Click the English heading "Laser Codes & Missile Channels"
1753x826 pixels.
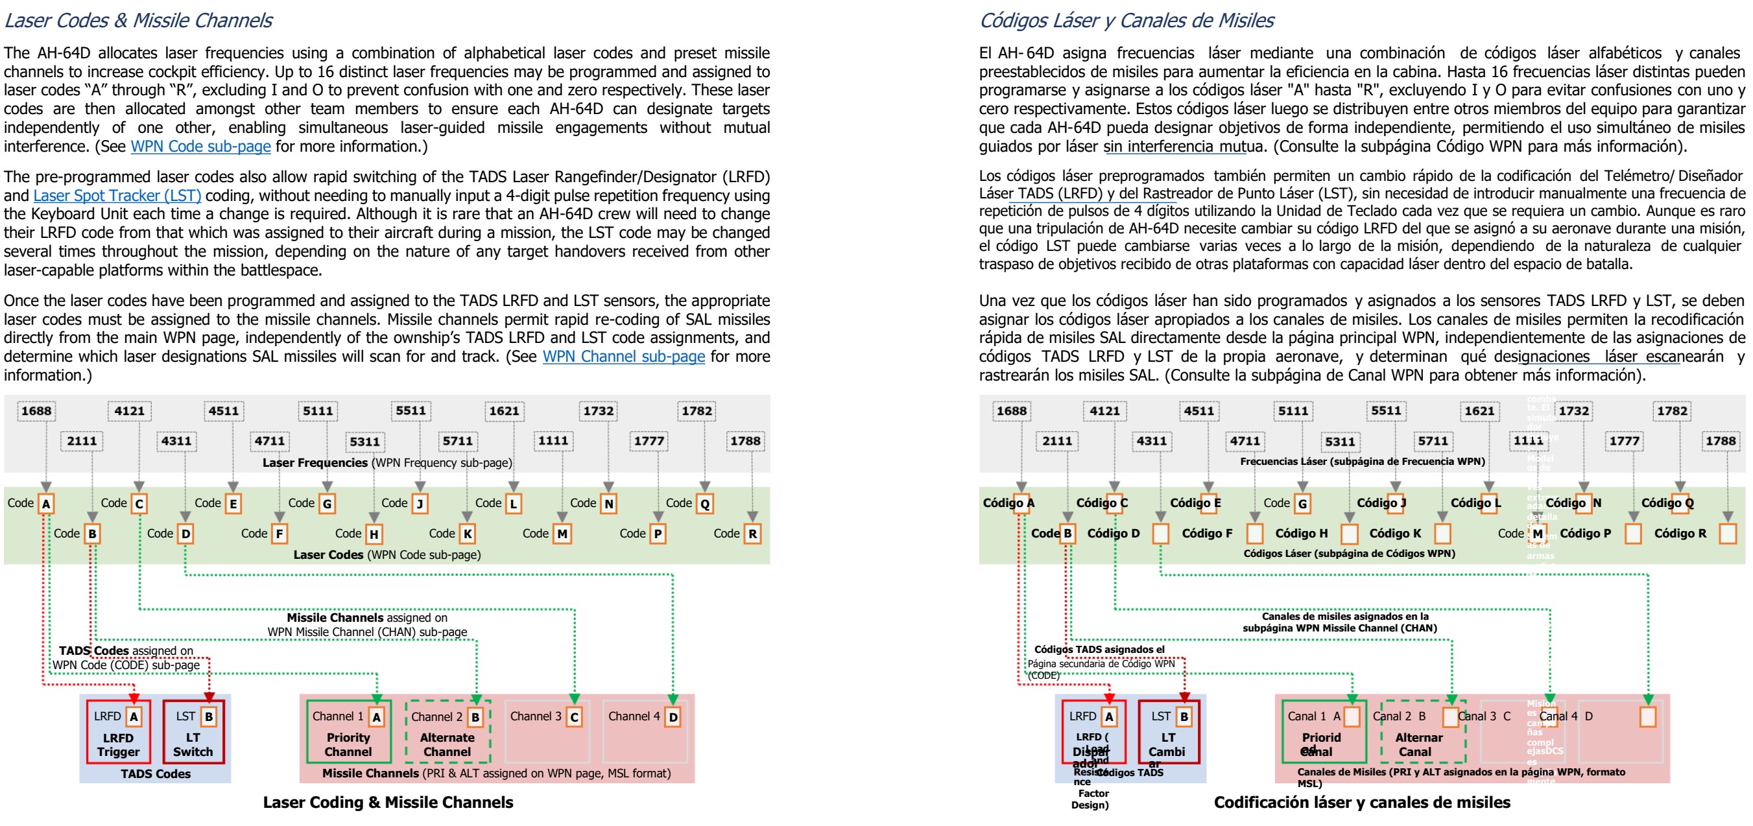coord(138,20)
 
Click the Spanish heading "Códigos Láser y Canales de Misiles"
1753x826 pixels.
coord(1127,20)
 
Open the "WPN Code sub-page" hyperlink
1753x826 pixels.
coord(201,147)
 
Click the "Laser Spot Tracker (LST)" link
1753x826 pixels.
coord(117,195)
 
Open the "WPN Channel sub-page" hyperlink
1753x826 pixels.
coord(623,357)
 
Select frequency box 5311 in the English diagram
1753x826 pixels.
coord(364,442)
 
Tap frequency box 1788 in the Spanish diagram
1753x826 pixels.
coord(1721,441)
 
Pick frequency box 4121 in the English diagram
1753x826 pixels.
coord(129,411)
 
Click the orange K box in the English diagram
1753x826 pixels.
coord(468,534)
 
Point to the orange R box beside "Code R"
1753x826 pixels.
coord(753,534)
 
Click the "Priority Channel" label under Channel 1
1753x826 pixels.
coord(348,744)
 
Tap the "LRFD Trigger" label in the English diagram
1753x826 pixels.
coord(118,745)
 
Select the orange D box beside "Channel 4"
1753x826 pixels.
coord(673,717)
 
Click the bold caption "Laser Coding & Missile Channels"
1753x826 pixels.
coord(388,802)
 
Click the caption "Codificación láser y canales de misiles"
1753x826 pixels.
coord(1362,802)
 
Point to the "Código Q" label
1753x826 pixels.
coord(1667,503)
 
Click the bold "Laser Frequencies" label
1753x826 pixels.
coord(315,463)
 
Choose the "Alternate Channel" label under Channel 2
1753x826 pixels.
coord(447,744)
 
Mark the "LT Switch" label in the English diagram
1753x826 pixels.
coord(193,745)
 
